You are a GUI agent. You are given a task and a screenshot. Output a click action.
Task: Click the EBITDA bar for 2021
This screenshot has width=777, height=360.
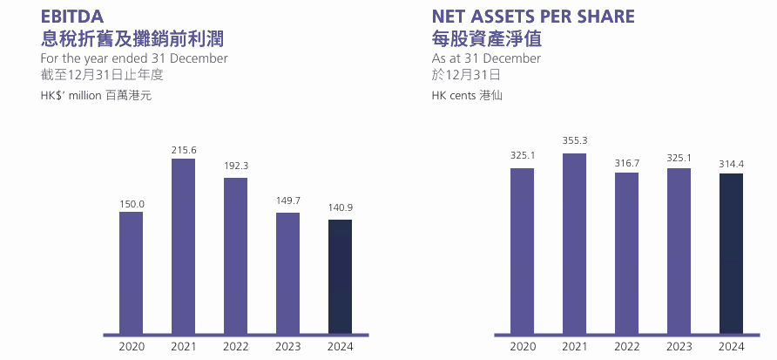(x=183, y=247)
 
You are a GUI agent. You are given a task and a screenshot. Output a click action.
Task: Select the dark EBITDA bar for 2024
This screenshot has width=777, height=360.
(x=340, y=277)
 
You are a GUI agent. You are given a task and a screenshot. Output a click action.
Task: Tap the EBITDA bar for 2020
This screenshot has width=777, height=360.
(x=131, y=273)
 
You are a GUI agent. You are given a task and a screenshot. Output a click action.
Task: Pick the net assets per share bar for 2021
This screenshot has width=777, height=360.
(x=574, y=244)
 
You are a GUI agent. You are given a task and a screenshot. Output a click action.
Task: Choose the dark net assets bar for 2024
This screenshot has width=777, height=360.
(x=731, y=254)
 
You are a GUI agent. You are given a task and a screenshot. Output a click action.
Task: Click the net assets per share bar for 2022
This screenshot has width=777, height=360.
(x=626, y=254)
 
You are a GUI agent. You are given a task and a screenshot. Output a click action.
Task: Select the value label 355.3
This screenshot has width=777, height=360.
(x=574, y=140)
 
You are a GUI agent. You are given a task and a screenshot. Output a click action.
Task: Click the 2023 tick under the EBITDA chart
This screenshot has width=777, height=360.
(x=287, y=347)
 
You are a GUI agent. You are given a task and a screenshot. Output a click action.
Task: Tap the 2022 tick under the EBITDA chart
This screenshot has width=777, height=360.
(x=235, y=347)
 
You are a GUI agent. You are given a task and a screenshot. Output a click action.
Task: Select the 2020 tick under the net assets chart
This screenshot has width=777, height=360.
(x=522, y=347)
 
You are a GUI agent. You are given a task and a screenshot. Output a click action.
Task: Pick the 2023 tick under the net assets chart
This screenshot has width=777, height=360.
(x=679, y=347)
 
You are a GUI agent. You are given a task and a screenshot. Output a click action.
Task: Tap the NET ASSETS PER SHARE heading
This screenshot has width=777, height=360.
(x=533, y=16)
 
